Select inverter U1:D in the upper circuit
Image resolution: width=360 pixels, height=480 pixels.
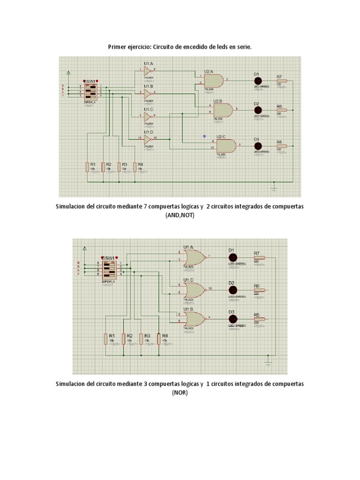148,139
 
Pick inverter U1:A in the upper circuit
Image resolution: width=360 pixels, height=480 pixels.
148,71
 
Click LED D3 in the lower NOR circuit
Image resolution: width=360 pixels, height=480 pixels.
232,319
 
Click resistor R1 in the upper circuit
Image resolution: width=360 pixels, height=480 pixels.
87,167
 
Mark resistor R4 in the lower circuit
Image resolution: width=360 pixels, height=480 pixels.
159,338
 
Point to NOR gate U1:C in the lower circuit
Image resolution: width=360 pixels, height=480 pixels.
194,289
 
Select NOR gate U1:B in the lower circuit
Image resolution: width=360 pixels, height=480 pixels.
194,319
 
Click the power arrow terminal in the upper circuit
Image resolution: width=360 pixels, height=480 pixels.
69,73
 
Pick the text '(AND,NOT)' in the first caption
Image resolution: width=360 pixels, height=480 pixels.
180,215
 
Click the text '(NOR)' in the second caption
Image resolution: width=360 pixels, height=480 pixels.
180,393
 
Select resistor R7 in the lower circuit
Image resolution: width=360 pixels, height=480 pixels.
259,258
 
